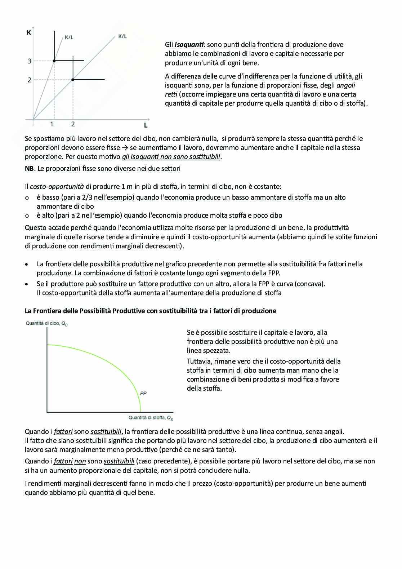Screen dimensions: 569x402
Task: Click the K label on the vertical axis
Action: pos(29,33)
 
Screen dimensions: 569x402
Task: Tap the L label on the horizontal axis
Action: pos(146,125)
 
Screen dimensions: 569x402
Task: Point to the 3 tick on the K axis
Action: pos(30,61)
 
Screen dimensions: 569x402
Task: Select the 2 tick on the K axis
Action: pos(30,80)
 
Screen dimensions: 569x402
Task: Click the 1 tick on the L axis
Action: pos(52,124)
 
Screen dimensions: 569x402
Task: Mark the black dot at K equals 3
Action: pos(54,61)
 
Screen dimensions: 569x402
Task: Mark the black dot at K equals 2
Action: pos(73,79)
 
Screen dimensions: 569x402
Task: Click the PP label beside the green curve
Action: pos(143,393)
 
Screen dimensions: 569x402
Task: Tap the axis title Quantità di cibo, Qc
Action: pos(46,324)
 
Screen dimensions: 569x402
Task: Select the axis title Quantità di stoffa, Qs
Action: pos(151,418)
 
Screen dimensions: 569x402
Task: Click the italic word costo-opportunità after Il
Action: pos(57,187)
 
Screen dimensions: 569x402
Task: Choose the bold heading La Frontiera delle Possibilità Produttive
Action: pos(150,311)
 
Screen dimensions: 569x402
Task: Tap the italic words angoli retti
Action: pos(345,86)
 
